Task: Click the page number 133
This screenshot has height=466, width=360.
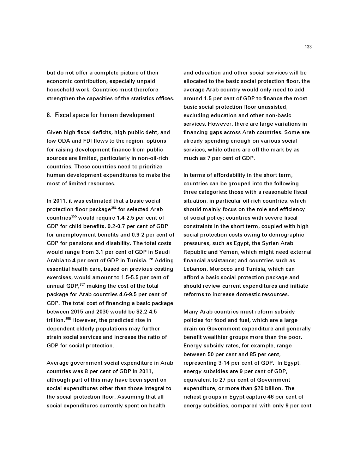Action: (308, 47)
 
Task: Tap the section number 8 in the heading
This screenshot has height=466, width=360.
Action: (48, 115)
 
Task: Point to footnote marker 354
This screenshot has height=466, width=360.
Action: (114, 208)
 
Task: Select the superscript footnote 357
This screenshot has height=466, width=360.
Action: (82, 285)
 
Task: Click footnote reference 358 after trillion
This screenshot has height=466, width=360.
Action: (68, 319)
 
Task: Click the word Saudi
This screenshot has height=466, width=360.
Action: (162, 252)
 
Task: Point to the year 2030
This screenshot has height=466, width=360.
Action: (109, 312)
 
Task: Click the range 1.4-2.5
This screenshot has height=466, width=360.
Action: (128, 218)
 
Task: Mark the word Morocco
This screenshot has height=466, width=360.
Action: (221, 269)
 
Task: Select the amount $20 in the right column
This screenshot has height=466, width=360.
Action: (259, 388)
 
